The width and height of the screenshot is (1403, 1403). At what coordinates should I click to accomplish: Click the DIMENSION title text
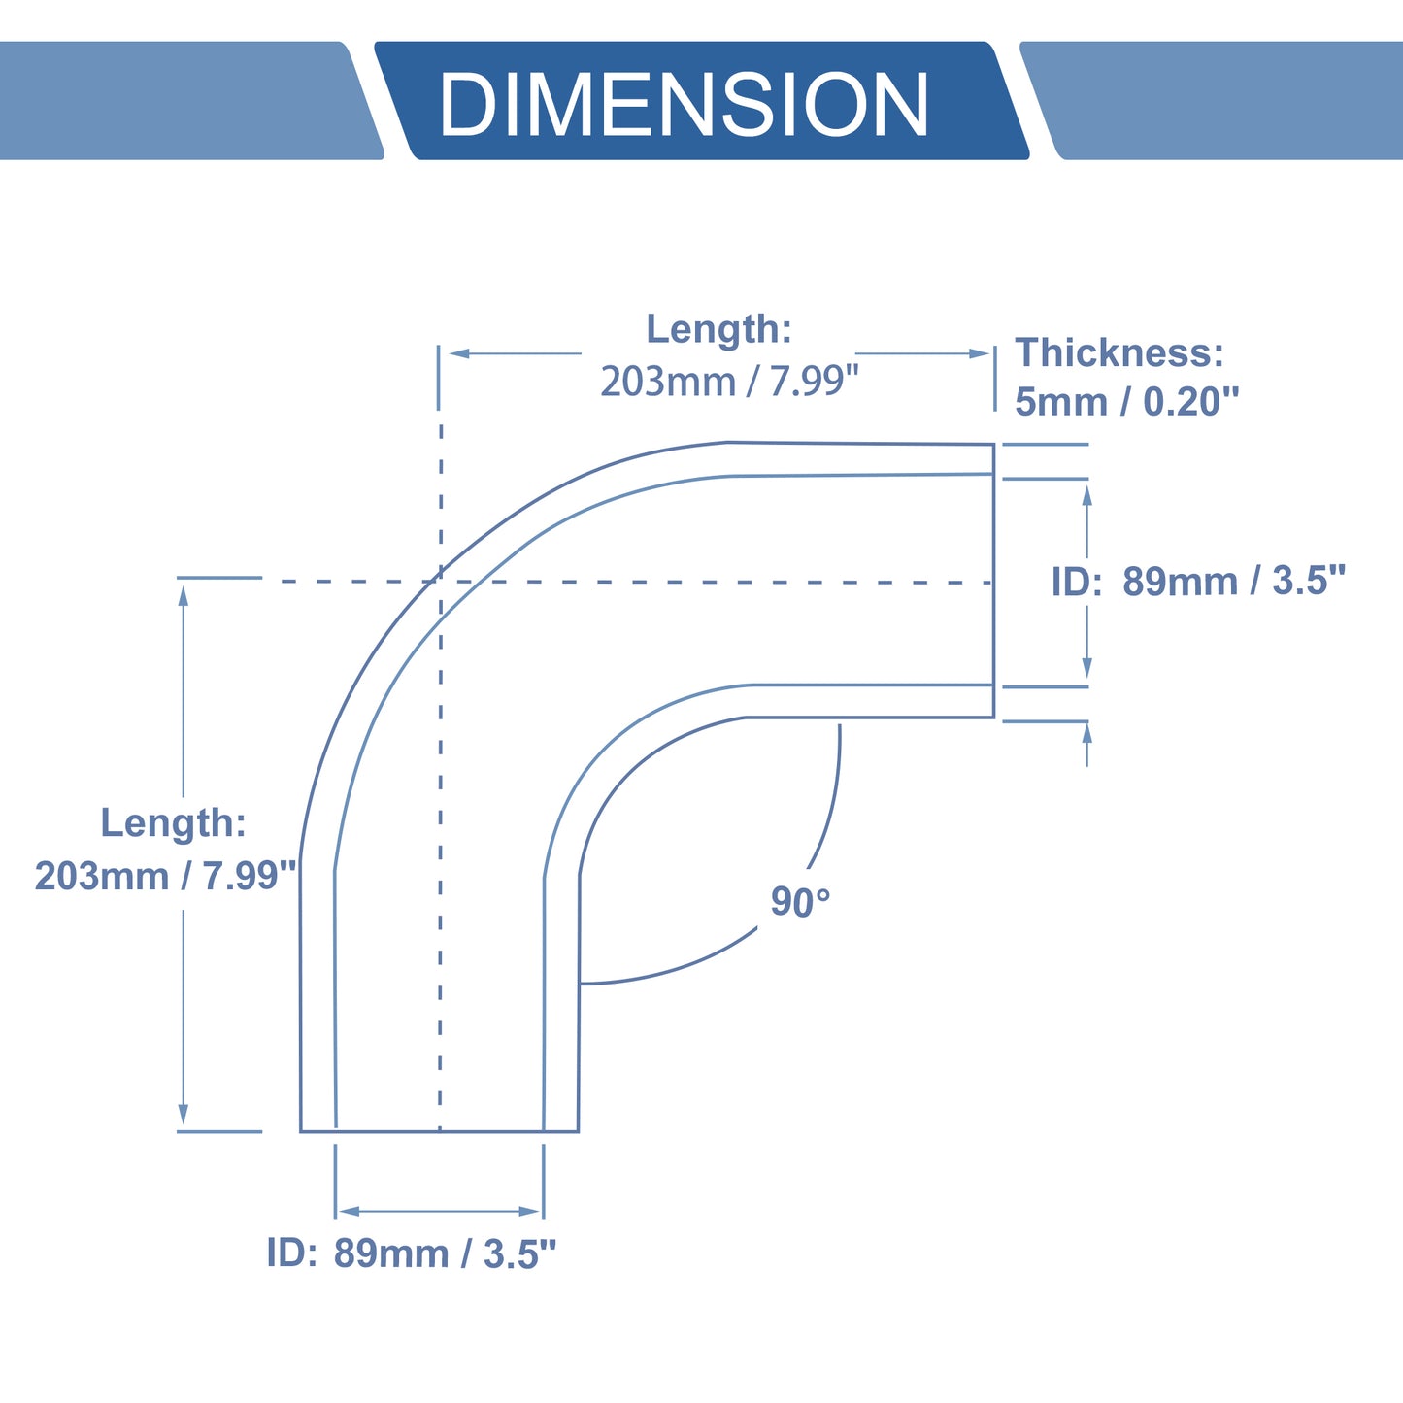click(684, 103)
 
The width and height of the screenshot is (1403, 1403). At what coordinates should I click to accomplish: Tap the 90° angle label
click(800, 901)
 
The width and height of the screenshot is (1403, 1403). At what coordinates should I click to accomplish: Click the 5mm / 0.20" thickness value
click(1126, 402)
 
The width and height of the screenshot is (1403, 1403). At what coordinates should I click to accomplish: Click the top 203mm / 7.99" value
click(729, 381)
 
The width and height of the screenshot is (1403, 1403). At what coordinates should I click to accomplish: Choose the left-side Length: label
click(173, 822)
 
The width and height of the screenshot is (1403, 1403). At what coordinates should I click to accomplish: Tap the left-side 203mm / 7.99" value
click(165, 875)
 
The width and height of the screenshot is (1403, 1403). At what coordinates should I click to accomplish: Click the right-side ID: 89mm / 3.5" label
click(1198, 581)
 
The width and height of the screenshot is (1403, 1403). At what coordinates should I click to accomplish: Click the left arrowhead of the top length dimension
click(459, 353)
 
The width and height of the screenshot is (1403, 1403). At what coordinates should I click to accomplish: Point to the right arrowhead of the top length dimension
click(979, 353)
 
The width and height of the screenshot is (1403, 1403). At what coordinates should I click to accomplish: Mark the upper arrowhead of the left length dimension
click(184, 596)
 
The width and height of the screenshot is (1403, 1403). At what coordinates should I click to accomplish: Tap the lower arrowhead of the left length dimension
click(184, 1114)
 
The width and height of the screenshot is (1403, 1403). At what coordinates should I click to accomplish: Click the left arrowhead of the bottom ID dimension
click(350, 1212)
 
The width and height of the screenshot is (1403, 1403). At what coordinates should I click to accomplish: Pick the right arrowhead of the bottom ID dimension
click(529, 1212)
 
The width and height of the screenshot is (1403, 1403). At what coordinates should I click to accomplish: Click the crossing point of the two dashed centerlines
click(440, 581)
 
